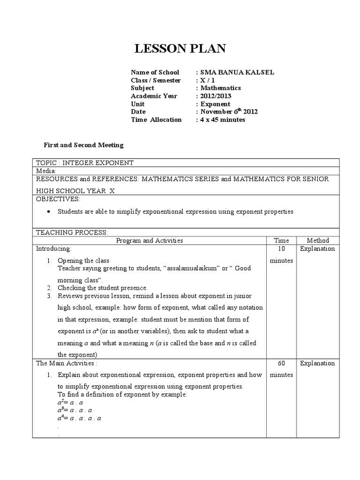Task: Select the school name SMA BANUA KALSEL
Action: click(x=237, y=72)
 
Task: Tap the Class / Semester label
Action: click(x=156, y=80)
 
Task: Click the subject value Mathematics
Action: click(x=220, y=88)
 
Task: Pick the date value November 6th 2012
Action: click(x=229, y=112)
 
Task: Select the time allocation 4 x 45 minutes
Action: click(x=223, y=120)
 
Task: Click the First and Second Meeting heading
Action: click(x=83, y=145)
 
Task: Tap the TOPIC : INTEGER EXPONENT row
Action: click(x=85, y=163)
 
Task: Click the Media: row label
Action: click(x=46, y=171)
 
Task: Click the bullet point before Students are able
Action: click(x=50, y=212)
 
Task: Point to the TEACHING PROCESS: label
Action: click(x=72, y=232)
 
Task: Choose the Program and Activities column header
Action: click(x=150, y=240)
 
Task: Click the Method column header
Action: click(x=317, y=240)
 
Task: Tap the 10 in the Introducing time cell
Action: click(x=281, y=249)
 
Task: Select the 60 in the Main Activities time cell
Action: click(x=281, y=363)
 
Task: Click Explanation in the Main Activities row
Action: click(x=317, y=363)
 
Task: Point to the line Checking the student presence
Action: click(x=103, y=288)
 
